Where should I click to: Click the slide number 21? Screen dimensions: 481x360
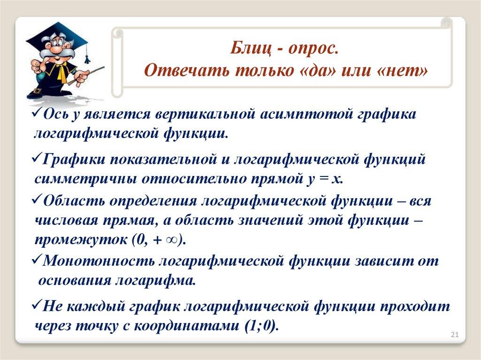(455, 335)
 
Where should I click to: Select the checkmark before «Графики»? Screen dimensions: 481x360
(37, 158)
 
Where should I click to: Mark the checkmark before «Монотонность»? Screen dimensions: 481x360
(37, 260)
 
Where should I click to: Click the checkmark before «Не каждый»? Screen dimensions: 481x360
(37, 305)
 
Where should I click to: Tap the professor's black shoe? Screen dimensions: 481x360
(36, 93)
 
